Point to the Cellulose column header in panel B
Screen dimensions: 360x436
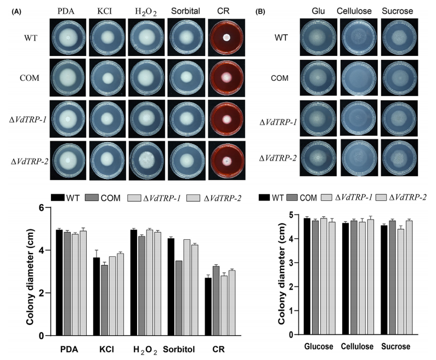click(x=358, y=11)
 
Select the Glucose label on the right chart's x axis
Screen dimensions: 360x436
click(x=320, y=346)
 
